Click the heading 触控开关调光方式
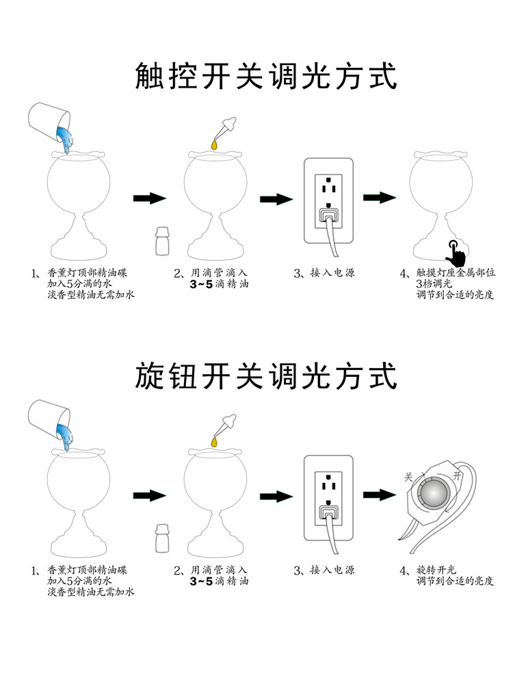[266, 76]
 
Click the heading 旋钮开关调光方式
[266, 376]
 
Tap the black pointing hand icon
[454, 253]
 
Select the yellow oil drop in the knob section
[215, 445]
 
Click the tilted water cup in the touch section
[51, 123]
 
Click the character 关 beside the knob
[408, 477]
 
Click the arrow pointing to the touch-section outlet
[276, 199]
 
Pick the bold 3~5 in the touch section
[202, 285]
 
